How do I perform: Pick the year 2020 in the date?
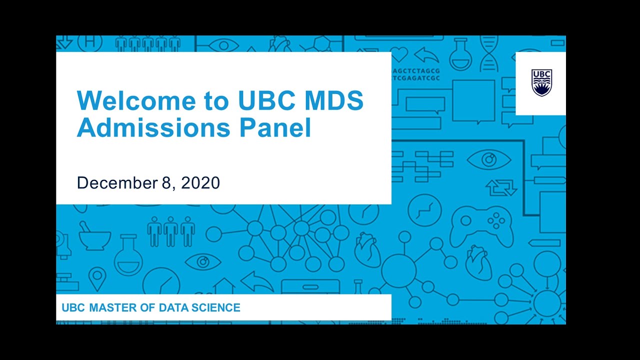[x=200, y=182]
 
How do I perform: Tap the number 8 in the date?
[x=166, y=182]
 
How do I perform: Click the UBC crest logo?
[x=541, y=82]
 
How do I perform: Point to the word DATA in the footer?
[x=174, y=307]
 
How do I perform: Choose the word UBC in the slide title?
[x=264, y=100]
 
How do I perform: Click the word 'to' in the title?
[x=215, y=100]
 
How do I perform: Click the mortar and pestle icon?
[x=93, y=237]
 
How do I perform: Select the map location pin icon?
[x=97, y=278]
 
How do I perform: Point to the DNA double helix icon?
[x=488, y=52]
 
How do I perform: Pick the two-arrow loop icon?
[x=501, y=187]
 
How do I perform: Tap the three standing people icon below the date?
[x=171, y=231]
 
